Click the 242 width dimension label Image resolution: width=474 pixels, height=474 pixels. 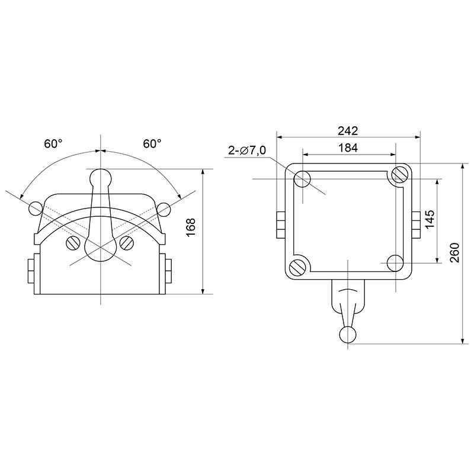[348, 130]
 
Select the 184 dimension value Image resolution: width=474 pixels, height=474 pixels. [348, 148]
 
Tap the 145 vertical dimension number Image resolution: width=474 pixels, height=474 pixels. [430, 219]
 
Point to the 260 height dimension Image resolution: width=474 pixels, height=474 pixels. [454, 253]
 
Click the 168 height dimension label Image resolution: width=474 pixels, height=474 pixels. [191, 228]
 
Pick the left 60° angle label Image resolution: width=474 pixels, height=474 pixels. [53, 143]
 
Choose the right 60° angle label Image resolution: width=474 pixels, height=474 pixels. [152, 143]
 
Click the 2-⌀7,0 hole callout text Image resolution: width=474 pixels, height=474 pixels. [247, 150]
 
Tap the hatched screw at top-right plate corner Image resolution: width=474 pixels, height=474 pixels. [399, 174]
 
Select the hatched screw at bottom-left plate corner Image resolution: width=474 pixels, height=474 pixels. [297, 268]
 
